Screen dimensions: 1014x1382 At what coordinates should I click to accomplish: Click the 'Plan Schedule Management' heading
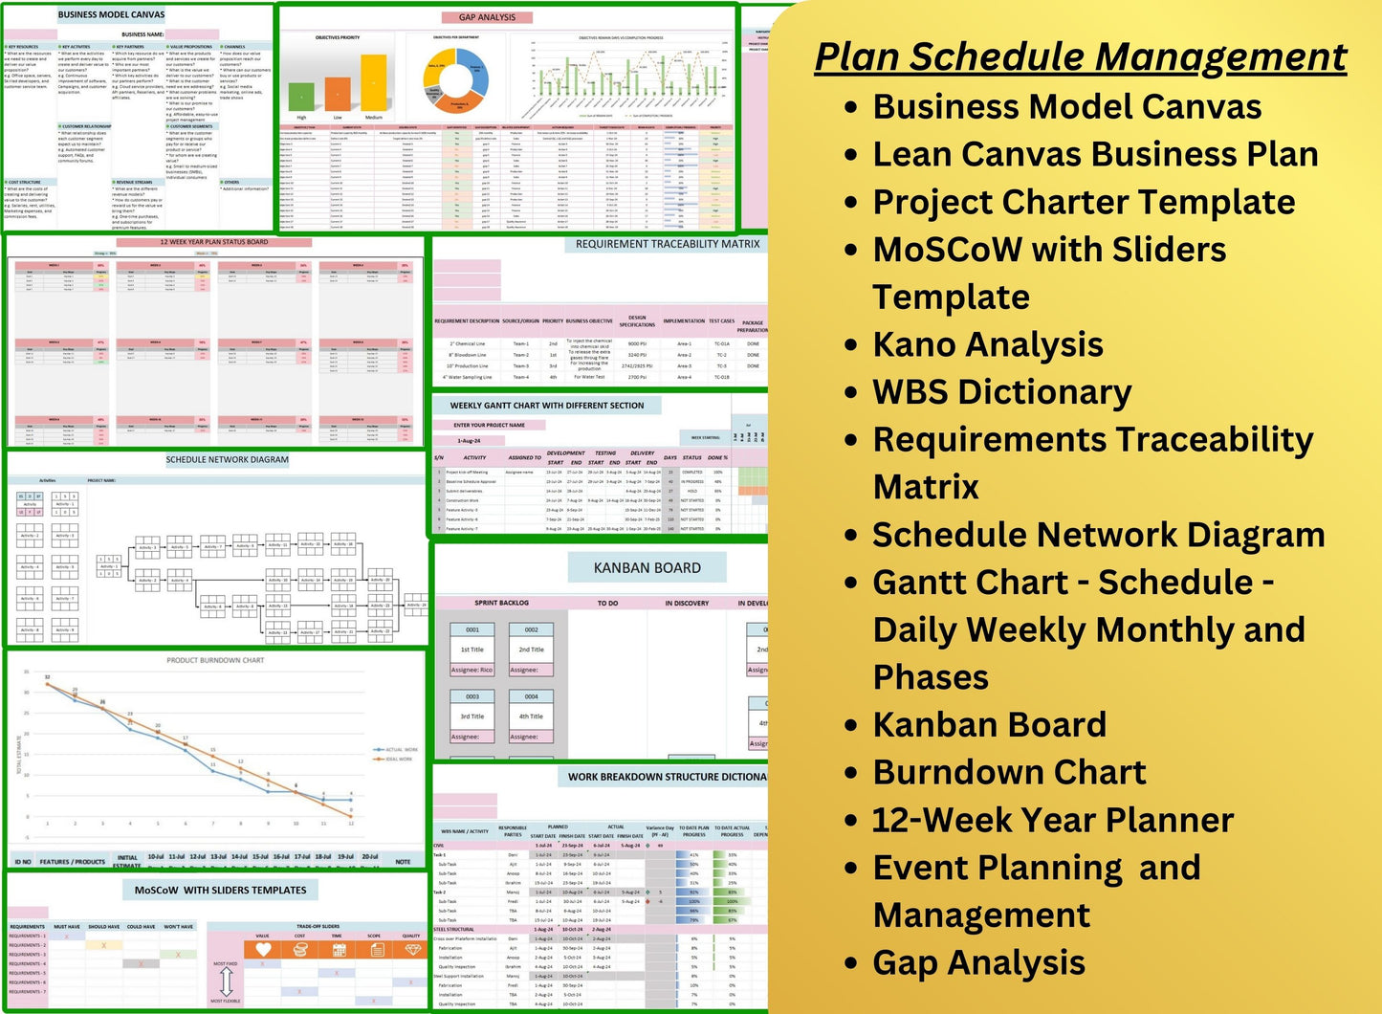point(1080,56)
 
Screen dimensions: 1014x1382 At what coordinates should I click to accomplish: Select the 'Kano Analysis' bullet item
point(987,344)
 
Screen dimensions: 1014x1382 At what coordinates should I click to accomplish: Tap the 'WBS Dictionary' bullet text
point(1001,392)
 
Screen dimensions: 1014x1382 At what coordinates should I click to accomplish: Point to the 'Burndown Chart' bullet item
point(1009,772)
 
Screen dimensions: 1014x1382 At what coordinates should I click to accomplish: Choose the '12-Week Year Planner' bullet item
point(1052,820)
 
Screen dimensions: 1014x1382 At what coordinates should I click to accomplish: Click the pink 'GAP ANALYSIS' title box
point(487,17)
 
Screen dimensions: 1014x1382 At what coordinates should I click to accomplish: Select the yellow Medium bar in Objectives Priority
point(374,82)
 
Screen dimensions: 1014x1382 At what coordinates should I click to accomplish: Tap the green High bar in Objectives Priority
point(302,96)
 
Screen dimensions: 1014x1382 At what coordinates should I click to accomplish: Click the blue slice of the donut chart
point(475,77)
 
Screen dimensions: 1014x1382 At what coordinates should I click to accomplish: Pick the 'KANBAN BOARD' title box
point(647,567)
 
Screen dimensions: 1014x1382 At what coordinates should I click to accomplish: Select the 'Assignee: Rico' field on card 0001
point(472,670)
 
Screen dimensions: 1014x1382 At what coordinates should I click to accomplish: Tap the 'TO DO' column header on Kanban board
point(607,604)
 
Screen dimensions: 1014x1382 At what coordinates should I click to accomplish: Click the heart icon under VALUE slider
point(262,950)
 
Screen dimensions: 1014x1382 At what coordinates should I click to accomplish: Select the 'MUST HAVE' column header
point(67,926)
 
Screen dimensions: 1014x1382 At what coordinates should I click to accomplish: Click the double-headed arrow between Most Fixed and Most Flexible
point(226,981)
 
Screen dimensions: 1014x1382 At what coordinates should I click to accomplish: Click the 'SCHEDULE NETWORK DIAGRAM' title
point(227,460)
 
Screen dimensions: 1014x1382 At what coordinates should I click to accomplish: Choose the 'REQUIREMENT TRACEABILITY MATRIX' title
point(667,245)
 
